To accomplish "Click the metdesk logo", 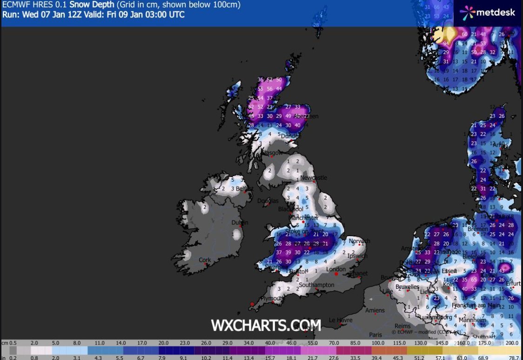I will coord(488,13).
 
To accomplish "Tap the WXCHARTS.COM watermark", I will coord(266,325).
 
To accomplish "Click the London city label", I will coord(336,269).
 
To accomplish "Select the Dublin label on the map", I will coord(240,223).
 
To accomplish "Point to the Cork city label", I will coord(205,260).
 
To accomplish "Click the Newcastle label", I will coord(314,177).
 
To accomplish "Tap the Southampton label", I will coord(316,285).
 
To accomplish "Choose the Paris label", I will coord(375,334).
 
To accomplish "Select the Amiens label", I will coord(375,310).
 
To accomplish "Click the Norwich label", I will coord(359,241).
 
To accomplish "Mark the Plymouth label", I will coord(272,298).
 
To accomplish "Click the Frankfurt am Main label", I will coord(476,305).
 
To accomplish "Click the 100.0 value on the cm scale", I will coord(377,344).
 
